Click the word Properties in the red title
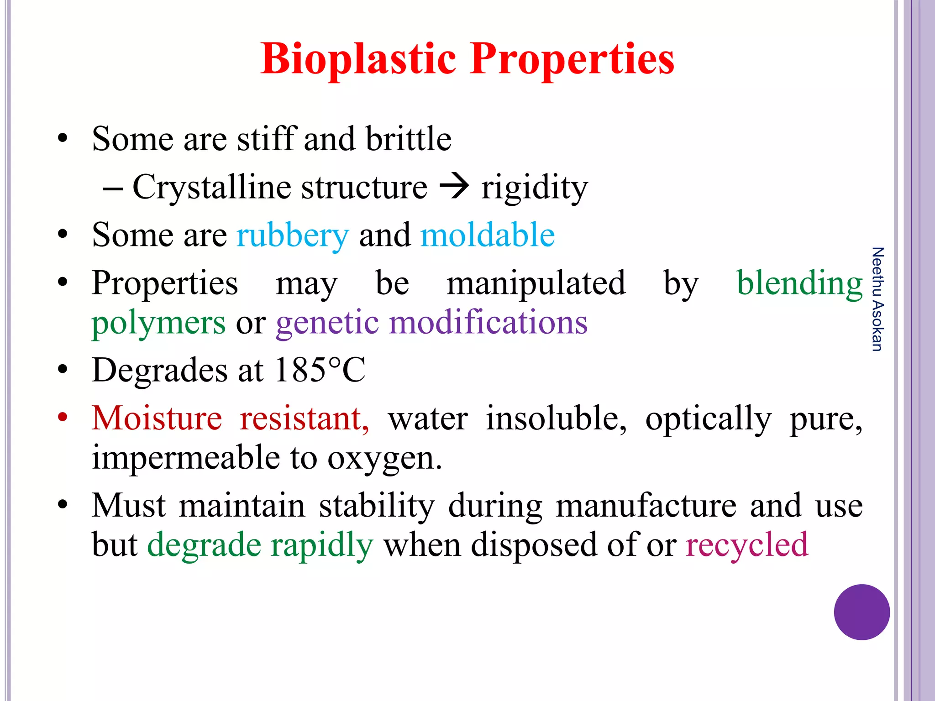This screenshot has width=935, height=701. (572, 59)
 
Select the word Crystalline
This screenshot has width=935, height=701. (212, 187)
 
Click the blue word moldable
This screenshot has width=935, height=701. (487, 235)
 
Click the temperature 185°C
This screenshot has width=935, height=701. (320, 370)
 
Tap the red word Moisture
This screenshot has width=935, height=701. (157, 418)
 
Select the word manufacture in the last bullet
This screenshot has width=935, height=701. (646, 506)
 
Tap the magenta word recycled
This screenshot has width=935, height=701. (746, 545)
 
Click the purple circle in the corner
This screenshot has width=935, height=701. (861, 612)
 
